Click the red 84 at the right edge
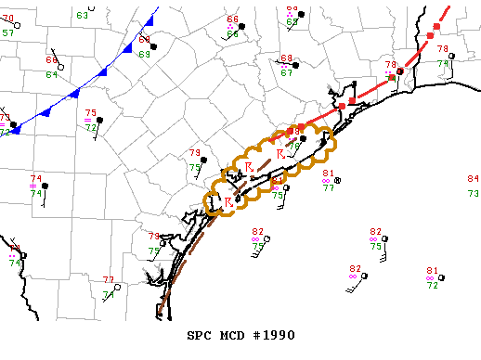(473, 178)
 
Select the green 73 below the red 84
(473, 193)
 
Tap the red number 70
(8, 18)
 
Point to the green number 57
(8, 32)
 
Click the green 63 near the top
(83, 15)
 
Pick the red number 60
(145, 40)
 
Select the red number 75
(91, 112)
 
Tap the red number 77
(109, 279)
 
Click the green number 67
(287, 72)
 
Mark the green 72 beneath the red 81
(432, 286)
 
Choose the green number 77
(329, 188)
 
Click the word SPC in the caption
(202, 333)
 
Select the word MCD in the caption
(236, 333)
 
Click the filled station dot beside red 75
(97, 120)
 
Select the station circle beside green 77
(338, 180)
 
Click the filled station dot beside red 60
(154, 46)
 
